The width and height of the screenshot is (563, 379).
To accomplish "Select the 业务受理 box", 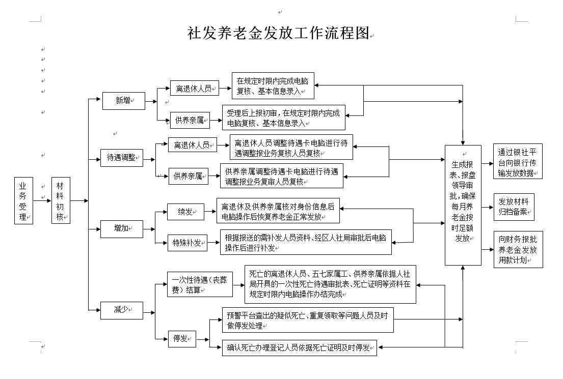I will (x=23, y=201).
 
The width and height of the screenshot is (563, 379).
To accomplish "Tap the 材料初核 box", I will (x=60, y=201).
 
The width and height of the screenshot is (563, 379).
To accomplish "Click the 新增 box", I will (x=123, y=100).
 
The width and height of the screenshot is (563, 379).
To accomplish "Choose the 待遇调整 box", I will (x=122, y=158).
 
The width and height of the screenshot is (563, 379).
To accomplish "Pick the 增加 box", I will (x=121, y=229).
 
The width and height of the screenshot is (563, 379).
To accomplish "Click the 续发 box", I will (x=185, y=212).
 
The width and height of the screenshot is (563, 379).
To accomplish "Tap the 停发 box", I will (x=182, y=338).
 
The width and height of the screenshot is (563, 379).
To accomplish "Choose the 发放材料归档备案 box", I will (x=514, y=207).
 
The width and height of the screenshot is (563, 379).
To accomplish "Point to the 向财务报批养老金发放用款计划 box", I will (x=518, y=249).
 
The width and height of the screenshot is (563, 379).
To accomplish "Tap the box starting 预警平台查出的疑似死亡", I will (x=308, y=320).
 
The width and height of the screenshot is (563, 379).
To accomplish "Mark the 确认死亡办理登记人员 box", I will (x=299, y=348).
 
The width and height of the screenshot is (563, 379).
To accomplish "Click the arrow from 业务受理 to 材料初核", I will (x=42, y=201).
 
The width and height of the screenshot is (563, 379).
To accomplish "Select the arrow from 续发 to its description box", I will (x=210, y=212).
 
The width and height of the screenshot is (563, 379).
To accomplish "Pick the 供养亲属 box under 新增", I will (x=189, y=121).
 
